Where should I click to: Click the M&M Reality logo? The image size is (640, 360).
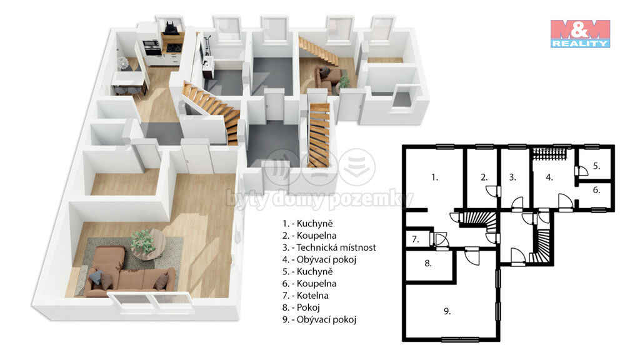tap(580, 34)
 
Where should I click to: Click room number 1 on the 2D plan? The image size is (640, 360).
tap(435, 177)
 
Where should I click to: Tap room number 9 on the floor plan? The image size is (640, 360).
tap(447, 311)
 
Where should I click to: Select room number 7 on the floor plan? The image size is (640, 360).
tap(416, 239)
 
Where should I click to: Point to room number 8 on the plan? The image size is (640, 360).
tap(428, 263)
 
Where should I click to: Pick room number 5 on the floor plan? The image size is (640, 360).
tap(597, 166)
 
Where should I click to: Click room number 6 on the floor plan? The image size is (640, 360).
tap(597, 190)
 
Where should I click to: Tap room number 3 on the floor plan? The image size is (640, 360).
tap(512, 177)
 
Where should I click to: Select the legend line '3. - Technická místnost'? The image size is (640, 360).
tap(329, 247)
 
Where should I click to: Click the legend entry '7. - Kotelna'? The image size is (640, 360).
tap(305, 295)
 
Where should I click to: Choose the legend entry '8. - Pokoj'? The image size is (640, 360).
tap(301, 307)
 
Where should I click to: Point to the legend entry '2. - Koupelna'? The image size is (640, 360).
tap(309, 236)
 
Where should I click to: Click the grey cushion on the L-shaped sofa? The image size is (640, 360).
tap(96, 277)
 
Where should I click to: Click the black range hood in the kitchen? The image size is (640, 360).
tap(170, 27)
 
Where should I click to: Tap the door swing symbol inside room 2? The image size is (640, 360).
tap(492, 191)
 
